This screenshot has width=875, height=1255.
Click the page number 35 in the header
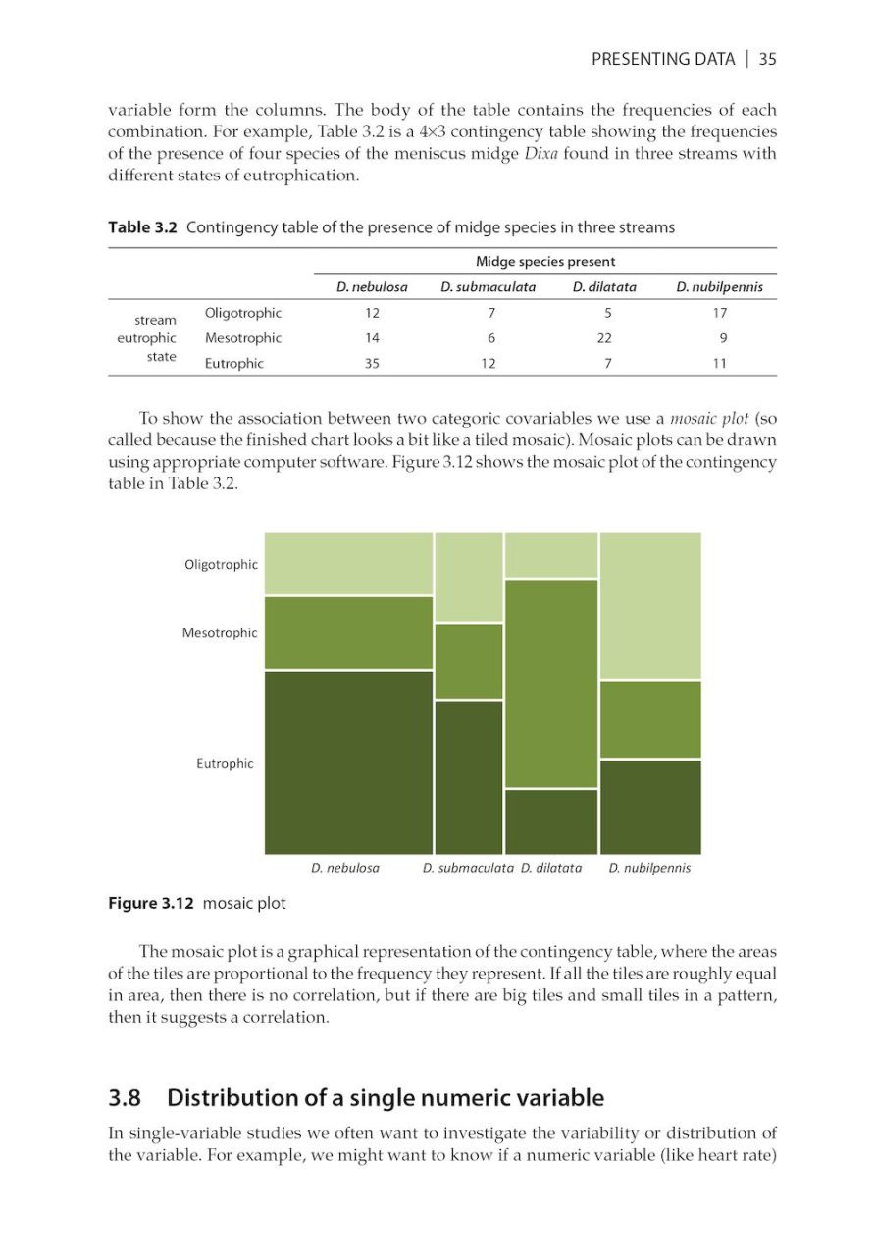click(767, 59)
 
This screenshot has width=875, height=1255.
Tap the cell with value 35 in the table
click(372, 364)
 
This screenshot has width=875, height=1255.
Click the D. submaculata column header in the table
click(489, 287)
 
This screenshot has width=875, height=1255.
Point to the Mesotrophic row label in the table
click(242, 338)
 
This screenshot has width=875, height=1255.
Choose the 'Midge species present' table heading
click(545, 261)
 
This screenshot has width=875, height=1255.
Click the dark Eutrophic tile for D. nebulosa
click(348, 762)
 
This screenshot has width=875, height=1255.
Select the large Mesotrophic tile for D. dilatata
click(551, 683)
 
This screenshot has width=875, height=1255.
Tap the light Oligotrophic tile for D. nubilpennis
click(650, 606)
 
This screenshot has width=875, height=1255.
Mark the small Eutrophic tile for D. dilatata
click(551, 822)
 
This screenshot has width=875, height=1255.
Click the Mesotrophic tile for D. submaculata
click(469, 661)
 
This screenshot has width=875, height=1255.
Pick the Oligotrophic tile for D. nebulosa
click(348, 563)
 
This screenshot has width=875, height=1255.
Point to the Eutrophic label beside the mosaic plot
click(225, 763)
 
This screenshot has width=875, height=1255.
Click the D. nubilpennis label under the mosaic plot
click(649, 868)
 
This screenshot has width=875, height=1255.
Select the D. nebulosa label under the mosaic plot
click(344, 868)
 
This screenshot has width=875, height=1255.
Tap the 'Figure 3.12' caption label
click(150, 903)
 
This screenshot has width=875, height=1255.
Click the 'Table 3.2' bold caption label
click(142, 227)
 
